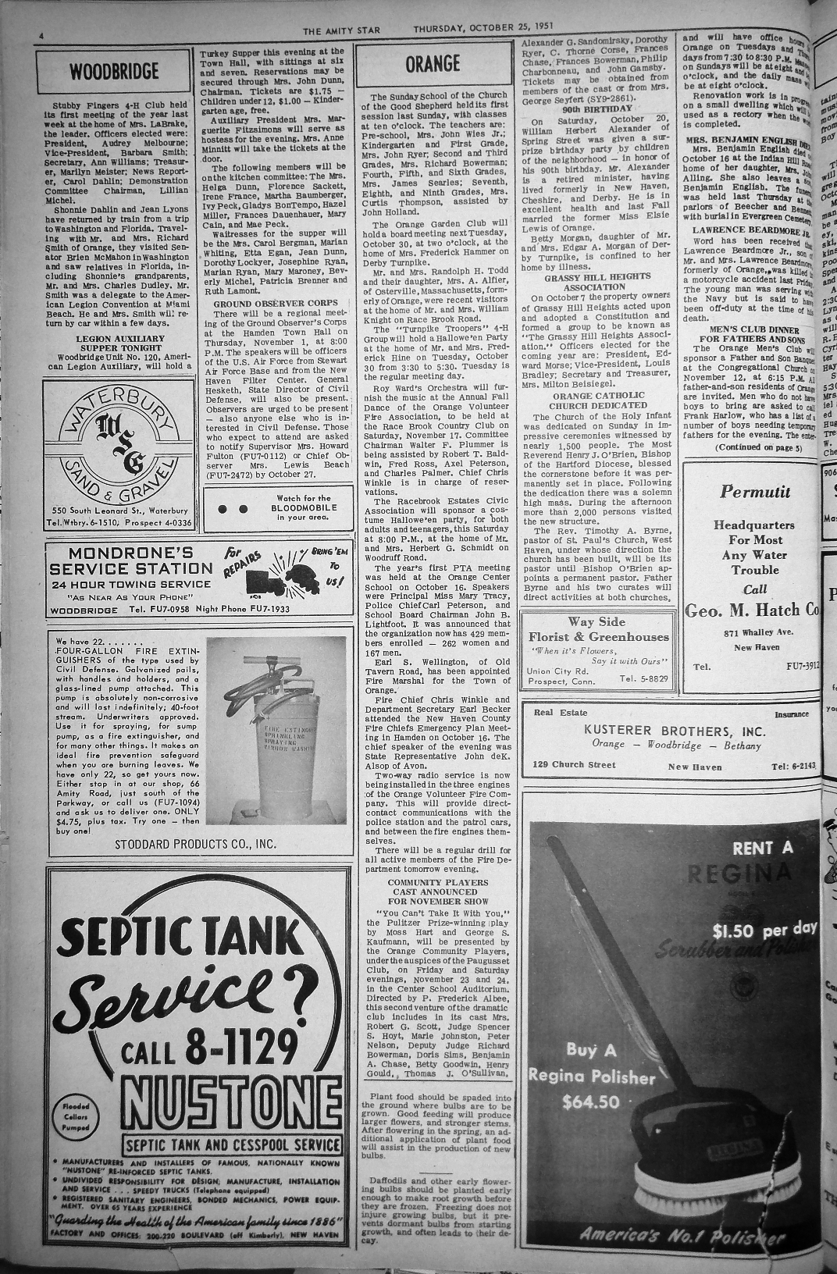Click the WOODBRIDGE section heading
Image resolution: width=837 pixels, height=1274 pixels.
click(x=114, y=73)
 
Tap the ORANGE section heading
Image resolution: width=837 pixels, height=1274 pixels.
click(x=432, y=64)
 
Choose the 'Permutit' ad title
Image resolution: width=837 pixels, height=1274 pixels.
click(x=754, y=492)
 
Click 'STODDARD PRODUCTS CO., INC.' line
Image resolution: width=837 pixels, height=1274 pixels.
click(x=195, y=844)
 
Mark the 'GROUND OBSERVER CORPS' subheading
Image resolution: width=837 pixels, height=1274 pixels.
click(x=275, y=303)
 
